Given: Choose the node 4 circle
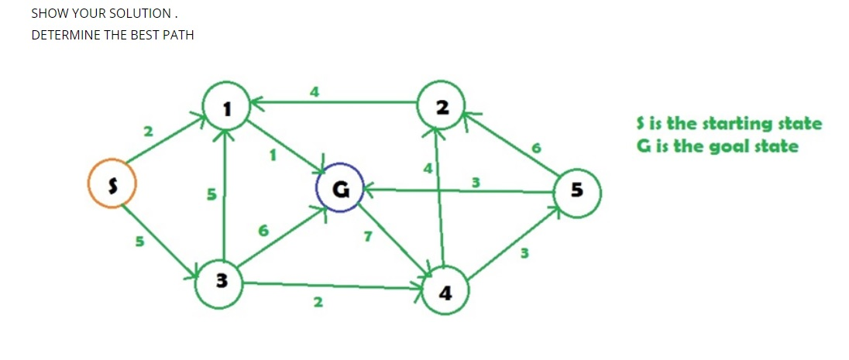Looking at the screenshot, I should pos(445,291).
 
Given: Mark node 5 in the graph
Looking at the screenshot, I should pos(576,190).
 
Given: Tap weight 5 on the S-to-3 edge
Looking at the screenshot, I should pos(139,242).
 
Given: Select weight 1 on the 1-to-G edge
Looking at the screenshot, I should pos(272,154).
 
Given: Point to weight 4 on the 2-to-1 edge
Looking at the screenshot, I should pos(314,91).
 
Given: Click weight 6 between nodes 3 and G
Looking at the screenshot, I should pos(263,231).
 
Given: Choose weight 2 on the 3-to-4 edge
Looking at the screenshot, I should pos(317,302).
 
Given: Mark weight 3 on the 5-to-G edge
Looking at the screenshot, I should pos(476,183).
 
